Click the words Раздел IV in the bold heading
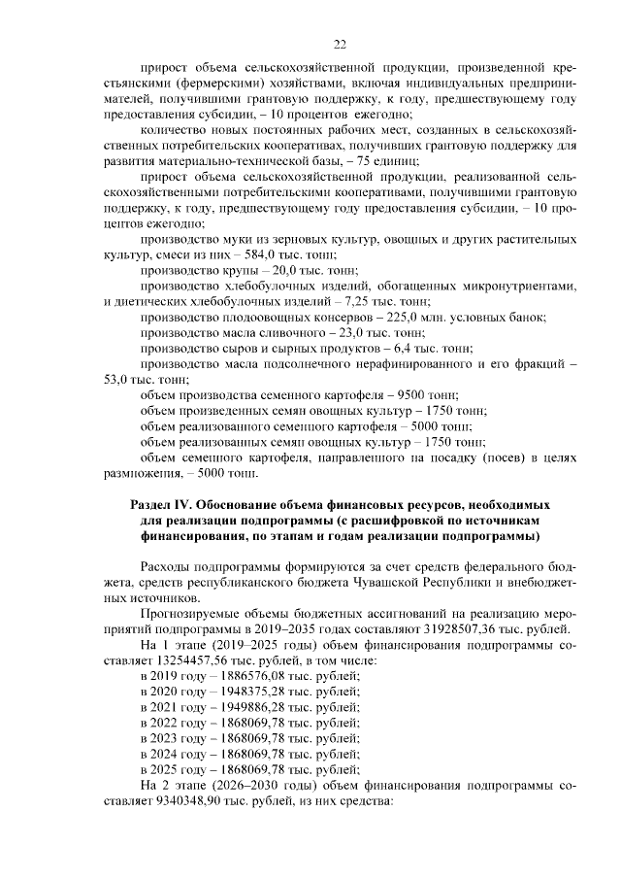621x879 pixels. coord(162,506)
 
